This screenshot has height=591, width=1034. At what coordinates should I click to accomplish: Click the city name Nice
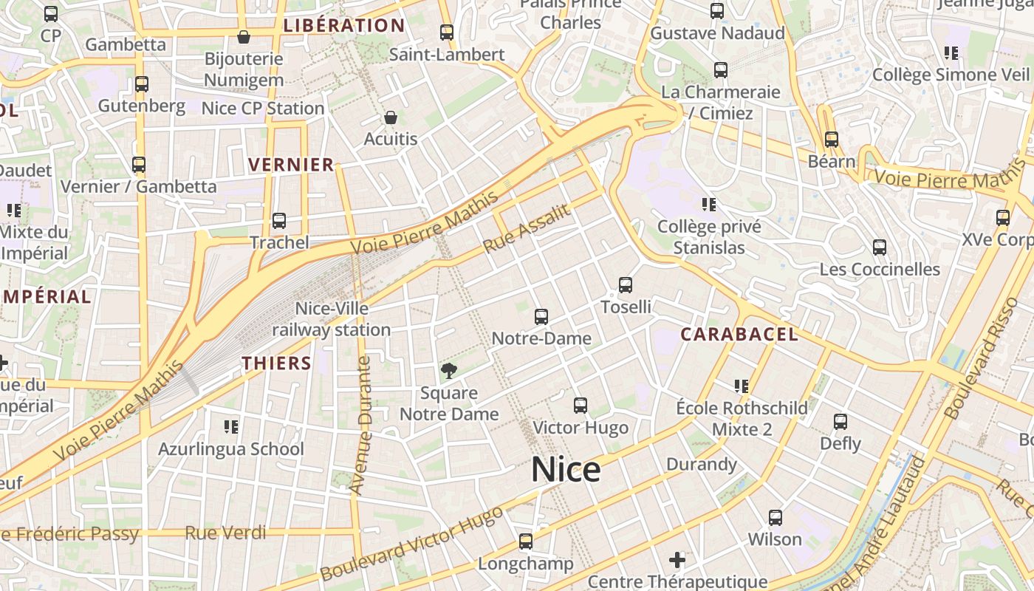[x=565, y=470]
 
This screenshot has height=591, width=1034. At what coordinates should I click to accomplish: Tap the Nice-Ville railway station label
[x=332, y=319]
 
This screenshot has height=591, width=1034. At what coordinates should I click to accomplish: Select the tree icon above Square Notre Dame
[x=448, y=371]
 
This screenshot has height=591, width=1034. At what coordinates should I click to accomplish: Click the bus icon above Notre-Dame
[x=541, y=317]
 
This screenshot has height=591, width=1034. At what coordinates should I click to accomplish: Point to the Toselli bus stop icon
[x=626, y=285]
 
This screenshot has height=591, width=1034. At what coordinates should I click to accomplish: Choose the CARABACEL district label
[x=739, y=334]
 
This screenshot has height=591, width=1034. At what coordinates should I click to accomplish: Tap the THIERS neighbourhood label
[x=277, y=363]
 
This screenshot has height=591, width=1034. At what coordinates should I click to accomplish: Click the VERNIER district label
[x=291, y=165]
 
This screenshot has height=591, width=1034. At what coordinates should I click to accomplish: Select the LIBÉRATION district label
[x=344, y=26]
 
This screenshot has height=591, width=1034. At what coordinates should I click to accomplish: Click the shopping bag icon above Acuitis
[x=391, y=117]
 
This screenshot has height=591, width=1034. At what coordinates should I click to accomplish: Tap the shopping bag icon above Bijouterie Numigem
[x=244, y=36]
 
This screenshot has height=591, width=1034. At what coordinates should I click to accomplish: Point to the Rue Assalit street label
[x=527, y=228]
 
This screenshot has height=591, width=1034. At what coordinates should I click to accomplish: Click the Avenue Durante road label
[x=361, y=426]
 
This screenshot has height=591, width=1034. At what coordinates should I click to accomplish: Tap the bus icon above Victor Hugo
[x=581, y=406]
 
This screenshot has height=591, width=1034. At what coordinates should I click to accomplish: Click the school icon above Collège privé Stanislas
[x=709, y=205]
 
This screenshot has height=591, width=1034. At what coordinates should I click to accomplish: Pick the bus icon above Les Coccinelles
[x=880, y=247]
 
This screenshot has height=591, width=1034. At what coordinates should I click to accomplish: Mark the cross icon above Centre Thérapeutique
[x=677, y=559]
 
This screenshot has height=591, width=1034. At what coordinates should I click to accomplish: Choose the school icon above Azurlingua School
[x=231, y=427]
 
